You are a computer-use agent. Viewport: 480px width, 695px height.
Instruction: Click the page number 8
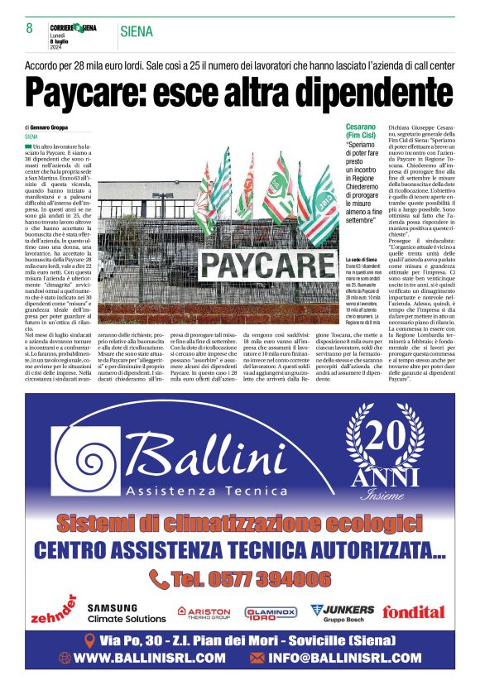pyautogui.click(x=30, y=29)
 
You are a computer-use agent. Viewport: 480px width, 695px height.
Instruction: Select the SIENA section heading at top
pyautogui.click(x=137, y=31)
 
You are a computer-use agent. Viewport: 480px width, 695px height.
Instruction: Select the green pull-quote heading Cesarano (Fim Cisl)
pyautogui.click(x=362, y=130)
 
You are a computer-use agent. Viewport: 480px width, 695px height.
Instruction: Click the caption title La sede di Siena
pyautogui.click(x=361, y=260)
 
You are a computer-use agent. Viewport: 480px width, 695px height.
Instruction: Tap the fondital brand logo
pyautogui.click(x=414, y=612)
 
